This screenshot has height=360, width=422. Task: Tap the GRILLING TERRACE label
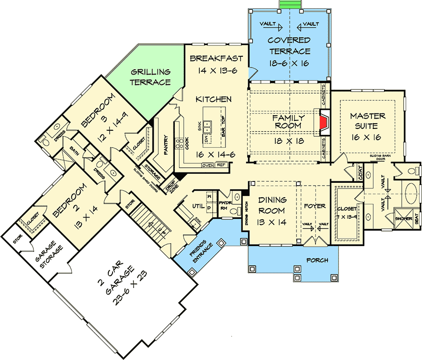point(150,77)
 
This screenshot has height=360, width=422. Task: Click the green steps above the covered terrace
point(289,4)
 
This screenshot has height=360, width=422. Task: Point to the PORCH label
point(317,260)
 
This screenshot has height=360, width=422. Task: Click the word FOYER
point(314,206)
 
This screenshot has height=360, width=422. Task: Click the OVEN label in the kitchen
point(207,165)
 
